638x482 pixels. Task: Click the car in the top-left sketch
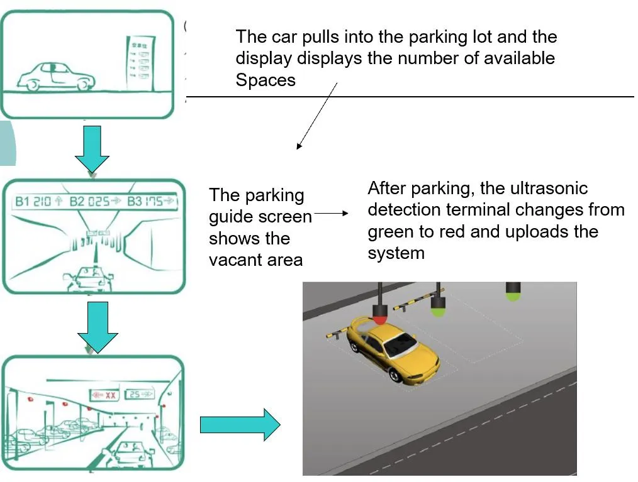[x=55, y=77]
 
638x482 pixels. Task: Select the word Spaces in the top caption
[x=266, y=80]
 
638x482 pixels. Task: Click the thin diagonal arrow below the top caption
[x=317, y=116]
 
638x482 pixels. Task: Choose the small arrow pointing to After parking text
[x=331, y=214]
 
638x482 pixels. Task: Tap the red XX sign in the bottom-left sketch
[x=104, y=396]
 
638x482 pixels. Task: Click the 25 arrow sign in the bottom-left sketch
[x=138, y=395]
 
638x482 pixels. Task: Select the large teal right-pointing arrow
[x=240, y=425]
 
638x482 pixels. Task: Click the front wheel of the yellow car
[x=395, y=375]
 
